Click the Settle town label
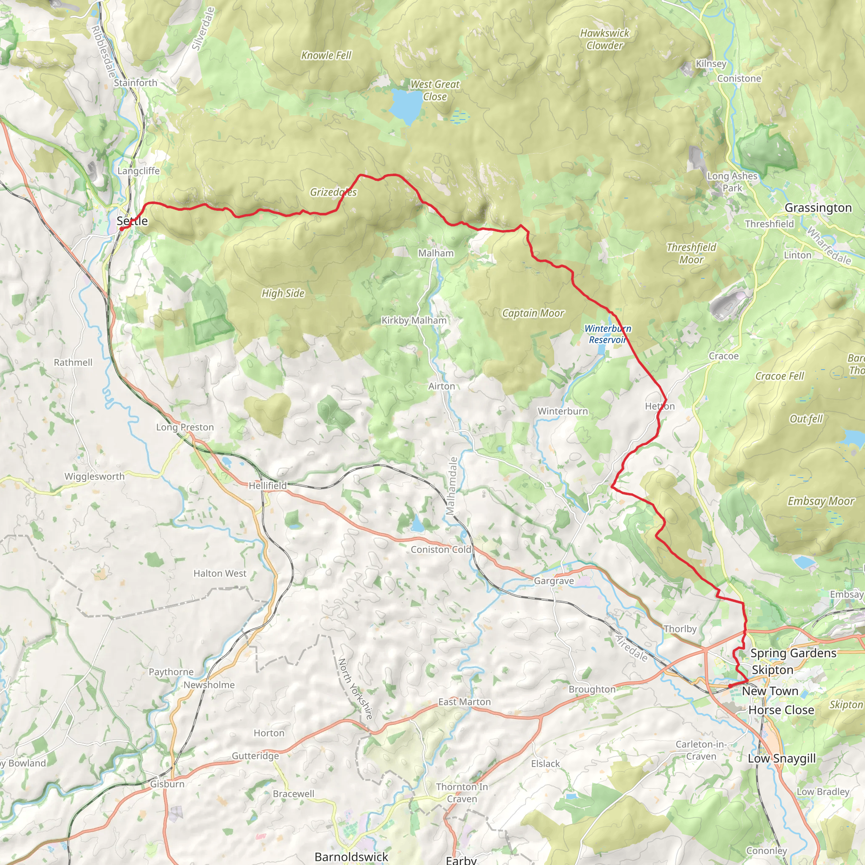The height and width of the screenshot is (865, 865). pyautogui.click(x=132, y=221)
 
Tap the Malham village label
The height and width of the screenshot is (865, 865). pyautogui.click(x=435, y=253)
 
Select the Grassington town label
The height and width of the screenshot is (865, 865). pyautogui.click(x=818, y=208)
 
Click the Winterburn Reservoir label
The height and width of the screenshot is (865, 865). pyautogui.click(x=607, y=334)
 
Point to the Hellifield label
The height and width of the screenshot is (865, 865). pyautogui.click(x=267, y=485)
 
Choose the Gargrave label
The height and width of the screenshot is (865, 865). pyautogui.click(x=553, y=581)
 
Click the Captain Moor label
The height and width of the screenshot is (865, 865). pyautogui.click(x=533, y=313)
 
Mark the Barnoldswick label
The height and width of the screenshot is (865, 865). pyautogui.click(x=351, y=857)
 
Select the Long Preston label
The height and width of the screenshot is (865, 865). pyautogui.click(x=185, y=427)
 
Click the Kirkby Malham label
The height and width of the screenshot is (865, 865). pyautogui.click(x=413, y=320)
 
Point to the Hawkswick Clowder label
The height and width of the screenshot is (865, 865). pyautogui.click(x=604, y=39)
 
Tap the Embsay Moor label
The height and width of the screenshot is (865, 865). pyautogui.click(x=821, y=501)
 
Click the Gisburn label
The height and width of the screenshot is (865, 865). pyautogui.click(x=167, y=784)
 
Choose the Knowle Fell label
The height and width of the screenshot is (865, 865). pyautogui.click(x=326, y=55)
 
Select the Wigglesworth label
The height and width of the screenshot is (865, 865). pyautogui.click(x=95, y=476)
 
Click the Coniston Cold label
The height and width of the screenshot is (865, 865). pyautogui.click(x=441, y=549)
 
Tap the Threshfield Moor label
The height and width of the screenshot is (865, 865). pyautogui.click(x=691, y=253)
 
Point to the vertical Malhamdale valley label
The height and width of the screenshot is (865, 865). pyautogui.click(x=453, y=486)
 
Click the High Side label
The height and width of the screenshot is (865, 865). pyautogui.click(x=283, y=293)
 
